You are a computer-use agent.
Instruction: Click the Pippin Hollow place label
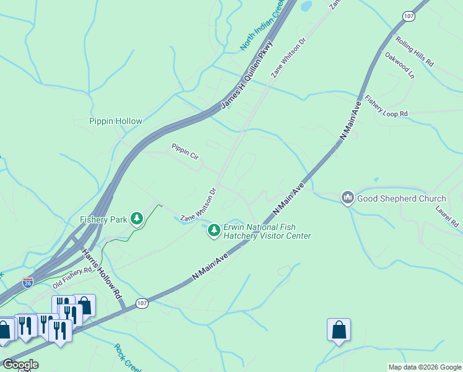(x=115, y=122)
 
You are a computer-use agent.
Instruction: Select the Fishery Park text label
(x=103, y=219)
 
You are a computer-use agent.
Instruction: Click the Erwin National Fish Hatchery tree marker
(x=214, y=231)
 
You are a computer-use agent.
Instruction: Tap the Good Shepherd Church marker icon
(x=347, y=198)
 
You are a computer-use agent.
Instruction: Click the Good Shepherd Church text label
(x=400, y=199)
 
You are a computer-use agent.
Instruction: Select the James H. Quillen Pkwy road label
(x=246, y=76)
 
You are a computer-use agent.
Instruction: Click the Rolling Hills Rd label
(x=415, y=52)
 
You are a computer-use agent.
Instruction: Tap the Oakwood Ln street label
(x=399, y=65)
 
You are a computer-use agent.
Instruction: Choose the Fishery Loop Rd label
(x=386, y=106)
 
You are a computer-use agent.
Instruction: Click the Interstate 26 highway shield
(x=28, y=282)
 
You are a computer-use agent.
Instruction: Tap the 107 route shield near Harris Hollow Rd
(x=142, y=303)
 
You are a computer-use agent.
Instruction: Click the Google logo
(x=20, y=365)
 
